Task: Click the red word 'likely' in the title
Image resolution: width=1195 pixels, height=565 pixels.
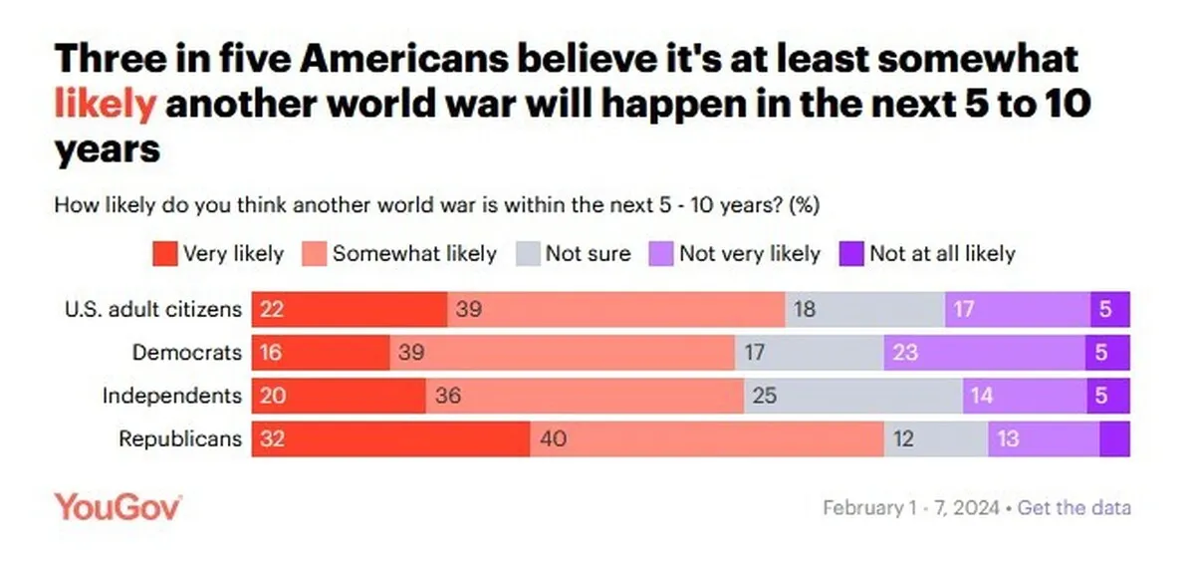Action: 106,104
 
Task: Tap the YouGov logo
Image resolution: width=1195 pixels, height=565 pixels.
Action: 118,507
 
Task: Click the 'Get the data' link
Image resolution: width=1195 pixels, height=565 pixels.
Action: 1074,507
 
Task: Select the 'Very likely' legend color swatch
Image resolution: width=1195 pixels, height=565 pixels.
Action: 165,254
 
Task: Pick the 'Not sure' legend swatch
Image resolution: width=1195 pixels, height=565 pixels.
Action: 528,254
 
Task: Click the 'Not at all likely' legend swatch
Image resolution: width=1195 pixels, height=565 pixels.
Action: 851,254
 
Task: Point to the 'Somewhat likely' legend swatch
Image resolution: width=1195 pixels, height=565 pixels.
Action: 315,254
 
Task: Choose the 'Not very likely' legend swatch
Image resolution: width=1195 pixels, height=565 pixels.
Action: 661,254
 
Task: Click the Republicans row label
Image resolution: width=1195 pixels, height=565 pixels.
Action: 180,439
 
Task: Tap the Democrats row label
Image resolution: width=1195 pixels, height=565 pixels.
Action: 187,353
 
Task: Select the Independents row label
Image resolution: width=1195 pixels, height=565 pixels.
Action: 172,396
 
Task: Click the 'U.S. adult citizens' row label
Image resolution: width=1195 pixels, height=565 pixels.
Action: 153,309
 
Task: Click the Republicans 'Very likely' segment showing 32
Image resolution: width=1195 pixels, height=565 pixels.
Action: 391,439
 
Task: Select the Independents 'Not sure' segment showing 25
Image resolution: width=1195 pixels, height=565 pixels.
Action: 853,396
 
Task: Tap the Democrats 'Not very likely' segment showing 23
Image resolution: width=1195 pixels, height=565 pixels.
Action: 985,353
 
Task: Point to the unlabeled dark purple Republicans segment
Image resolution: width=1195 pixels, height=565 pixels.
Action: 1115,439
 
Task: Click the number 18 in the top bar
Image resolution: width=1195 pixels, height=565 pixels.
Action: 805,309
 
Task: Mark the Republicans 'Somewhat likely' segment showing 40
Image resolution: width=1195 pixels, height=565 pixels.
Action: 707,439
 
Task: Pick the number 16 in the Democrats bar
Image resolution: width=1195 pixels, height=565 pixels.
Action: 271,353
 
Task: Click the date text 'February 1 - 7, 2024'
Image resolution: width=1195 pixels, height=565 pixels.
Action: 911,507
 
